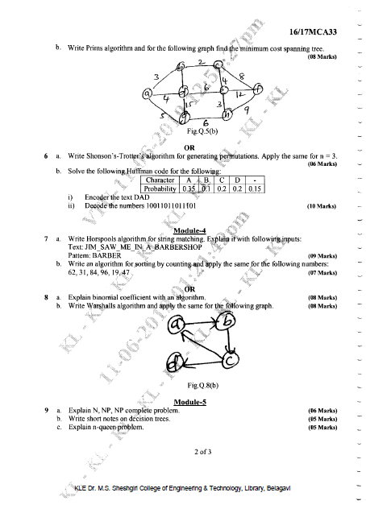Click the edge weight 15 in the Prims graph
(x=189, y=105)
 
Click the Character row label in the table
(x=156, y=180)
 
